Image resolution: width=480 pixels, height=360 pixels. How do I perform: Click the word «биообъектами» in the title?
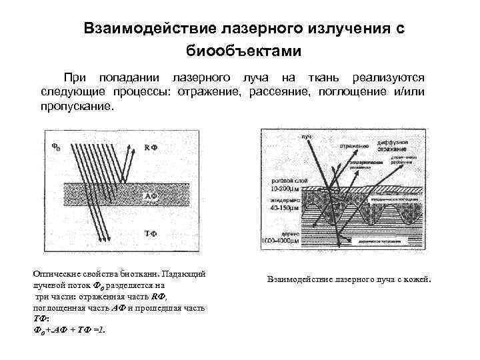244,51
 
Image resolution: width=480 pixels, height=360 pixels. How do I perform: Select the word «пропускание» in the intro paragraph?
77,107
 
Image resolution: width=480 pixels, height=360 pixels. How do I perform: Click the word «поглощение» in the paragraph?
347,91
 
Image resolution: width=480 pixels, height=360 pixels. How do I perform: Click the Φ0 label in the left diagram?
57,145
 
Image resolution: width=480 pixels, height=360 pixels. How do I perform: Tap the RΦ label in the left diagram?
151,147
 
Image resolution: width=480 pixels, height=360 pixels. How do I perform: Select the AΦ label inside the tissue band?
151,197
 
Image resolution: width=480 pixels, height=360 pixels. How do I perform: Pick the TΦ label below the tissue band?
151,233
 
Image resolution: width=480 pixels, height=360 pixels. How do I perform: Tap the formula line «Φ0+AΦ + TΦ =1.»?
69,329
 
